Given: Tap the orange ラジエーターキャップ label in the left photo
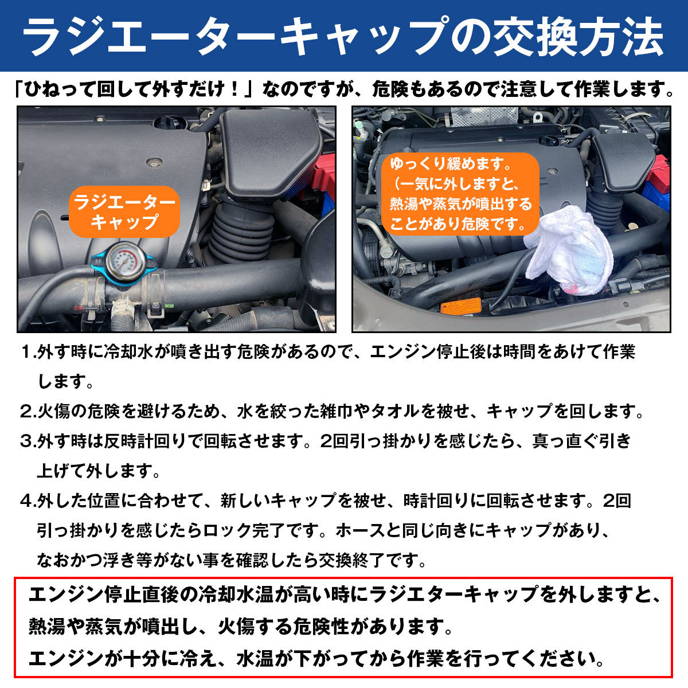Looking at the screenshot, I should [124, 212].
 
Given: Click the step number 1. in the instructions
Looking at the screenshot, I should [28, 352].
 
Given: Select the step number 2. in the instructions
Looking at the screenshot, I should [28, 412].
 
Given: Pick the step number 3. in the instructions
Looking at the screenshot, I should [28, 441].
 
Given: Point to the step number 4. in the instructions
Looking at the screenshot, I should [28, 501].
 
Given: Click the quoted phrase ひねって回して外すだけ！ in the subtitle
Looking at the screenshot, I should [138, 90].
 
